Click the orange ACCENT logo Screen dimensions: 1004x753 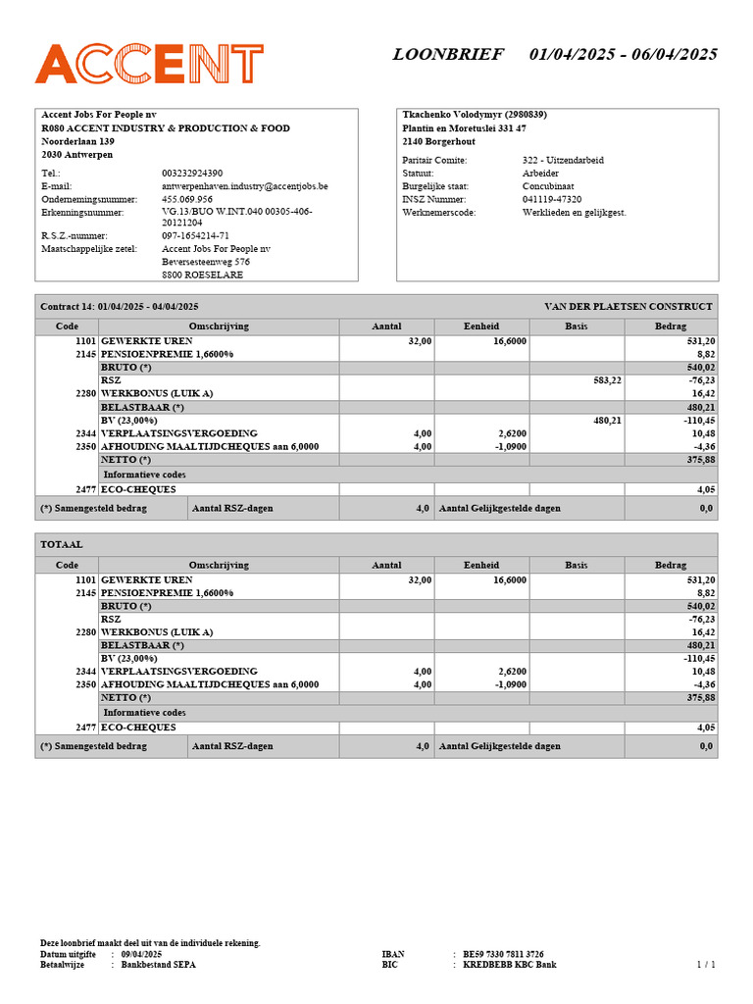[149, 64]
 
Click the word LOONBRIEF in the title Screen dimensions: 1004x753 [448, 54]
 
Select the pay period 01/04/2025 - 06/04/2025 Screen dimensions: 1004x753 [623, 54]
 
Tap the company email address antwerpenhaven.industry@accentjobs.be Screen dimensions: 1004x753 [244, 185]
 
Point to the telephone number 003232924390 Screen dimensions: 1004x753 [192, 173]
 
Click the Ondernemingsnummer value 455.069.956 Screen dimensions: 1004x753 [187, 199]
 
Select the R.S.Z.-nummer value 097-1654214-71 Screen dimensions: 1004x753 [195, 235]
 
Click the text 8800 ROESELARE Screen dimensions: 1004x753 [202, 275]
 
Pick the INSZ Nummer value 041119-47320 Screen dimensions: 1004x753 [552, 199]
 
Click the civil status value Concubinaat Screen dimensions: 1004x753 [548, 185]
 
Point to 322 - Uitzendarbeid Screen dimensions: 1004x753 [563, 160]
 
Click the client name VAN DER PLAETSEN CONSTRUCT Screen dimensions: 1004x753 [627, 307]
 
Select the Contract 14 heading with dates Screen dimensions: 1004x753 [119, 307]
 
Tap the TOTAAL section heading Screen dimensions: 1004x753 [62, 544]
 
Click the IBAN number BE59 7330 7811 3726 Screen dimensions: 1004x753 [503, 954]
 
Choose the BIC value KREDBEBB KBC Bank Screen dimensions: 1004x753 [509, 965]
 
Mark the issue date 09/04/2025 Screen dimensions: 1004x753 [142, 954]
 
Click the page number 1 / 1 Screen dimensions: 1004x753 [706, 965]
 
